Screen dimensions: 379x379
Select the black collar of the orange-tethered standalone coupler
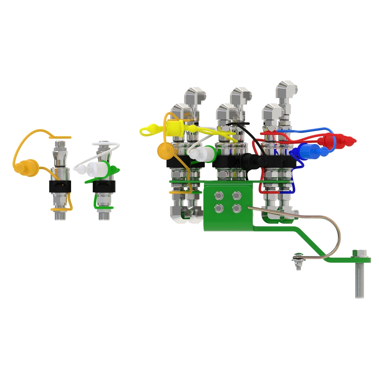(x=60, y=187)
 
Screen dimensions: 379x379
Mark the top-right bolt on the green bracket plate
(x=236, y=196)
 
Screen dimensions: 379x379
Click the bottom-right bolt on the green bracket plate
(x=236, y=208)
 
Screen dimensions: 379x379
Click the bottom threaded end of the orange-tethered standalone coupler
(x=59, y=216)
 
